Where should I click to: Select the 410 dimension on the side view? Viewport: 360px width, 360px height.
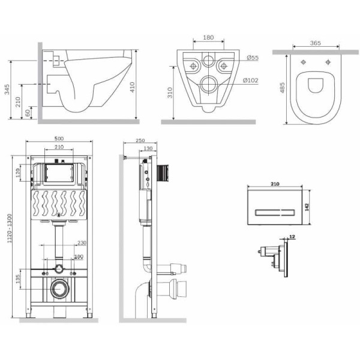coord(147,86)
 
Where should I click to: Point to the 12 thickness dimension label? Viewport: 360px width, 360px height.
coord(291,236)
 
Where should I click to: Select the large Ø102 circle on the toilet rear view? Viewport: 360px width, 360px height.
coord(209,83)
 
